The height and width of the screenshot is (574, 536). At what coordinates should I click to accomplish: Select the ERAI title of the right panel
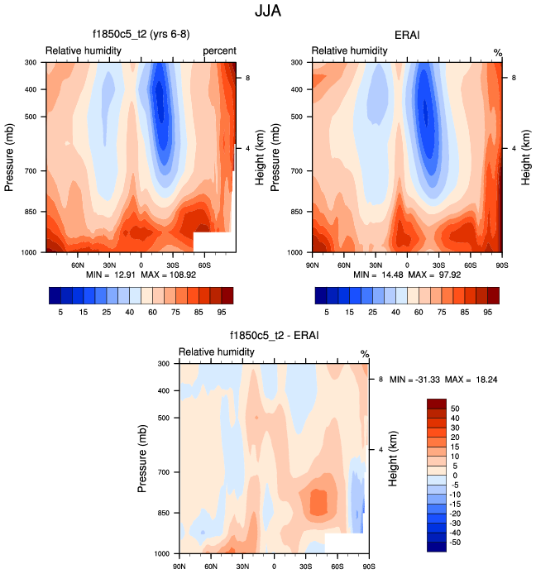tap(406, 36)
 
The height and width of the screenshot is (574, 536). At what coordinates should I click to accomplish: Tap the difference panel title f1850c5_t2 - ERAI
tap(273, 337)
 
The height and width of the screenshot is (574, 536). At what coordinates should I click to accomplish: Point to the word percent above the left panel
tap(219, 51)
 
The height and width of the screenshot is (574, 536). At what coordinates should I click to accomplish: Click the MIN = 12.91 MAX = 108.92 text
tap(140, 275)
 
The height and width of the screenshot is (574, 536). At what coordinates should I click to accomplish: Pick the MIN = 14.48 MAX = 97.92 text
tap(406, 275)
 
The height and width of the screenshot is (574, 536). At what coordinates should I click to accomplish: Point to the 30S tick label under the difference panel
tap(305, 566)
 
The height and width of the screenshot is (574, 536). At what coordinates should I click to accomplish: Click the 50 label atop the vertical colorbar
tap(454, 409)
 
